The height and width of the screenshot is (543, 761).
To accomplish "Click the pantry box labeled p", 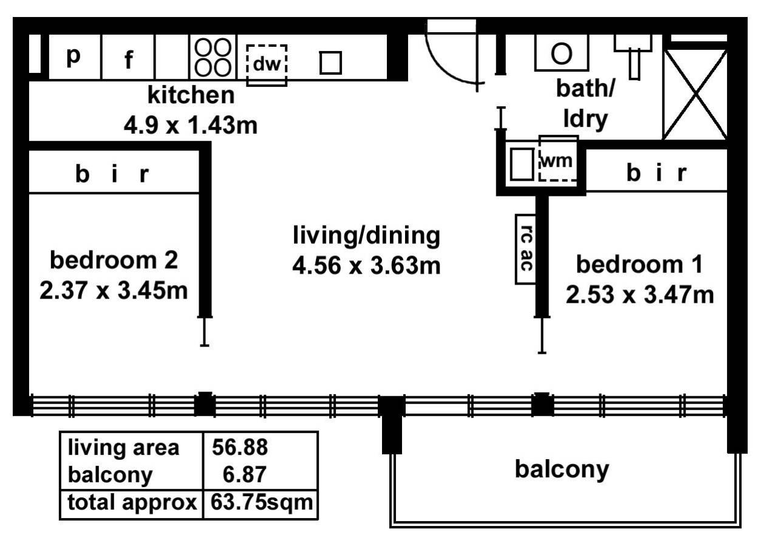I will (73, 57).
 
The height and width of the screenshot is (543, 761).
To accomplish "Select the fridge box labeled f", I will (128, 58).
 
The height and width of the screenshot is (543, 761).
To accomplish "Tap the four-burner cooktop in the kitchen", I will (212, 57).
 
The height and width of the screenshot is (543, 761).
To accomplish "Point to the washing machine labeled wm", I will (558, 161).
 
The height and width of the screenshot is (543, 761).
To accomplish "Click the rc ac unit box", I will (525, 249).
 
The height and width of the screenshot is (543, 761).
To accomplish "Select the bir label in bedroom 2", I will (113, 175).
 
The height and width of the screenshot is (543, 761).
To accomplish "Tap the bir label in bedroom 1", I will (656, 174).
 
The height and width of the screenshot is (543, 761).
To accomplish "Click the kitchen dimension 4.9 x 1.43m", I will (191, 126).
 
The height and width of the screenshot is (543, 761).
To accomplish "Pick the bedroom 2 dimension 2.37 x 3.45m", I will (114, 290).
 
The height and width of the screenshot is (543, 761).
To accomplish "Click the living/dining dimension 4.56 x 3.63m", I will (366, 266).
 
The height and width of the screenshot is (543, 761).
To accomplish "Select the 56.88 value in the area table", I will (240, 448).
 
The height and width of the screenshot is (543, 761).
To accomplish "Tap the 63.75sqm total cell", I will (260, 503).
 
